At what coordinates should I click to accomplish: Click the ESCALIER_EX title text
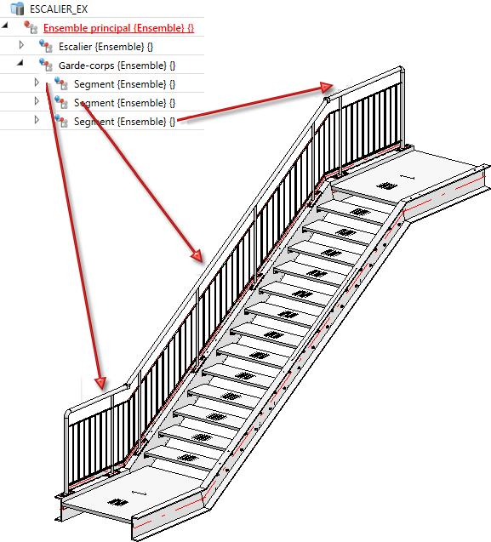pyautogui.click(x=59, y=9)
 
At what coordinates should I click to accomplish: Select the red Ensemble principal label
pyautogui.click(x=118, y=28)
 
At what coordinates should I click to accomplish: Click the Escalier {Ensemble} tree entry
pyautogui.click(x=106, y=47)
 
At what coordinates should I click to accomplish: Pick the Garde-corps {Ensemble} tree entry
pyautogui.click(x=117, y=66)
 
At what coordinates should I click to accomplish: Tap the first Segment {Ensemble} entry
pyautogui.click(x=124, y=84)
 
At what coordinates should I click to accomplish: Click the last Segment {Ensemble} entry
pyautogui.click(x=124, y=122)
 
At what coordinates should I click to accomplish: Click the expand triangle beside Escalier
pyautogui.click(x=21, y=45)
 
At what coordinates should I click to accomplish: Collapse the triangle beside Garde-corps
pyautogui.click(x=20, y=63)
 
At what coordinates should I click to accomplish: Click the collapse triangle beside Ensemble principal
pyautogui.click(x=5, y=25)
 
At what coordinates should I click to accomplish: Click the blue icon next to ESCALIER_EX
pyautogui.click(x=17, y=9)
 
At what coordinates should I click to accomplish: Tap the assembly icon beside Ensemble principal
pyautogui.click(x=31, y=27)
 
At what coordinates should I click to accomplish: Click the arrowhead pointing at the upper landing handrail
pyautogui.click(x=327, y=87)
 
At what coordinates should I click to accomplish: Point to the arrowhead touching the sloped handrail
pyautogui.click(x=197, y=256)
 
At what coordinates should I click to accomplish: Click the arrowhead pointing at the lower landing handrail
pyautogui.click(x=100, y=383)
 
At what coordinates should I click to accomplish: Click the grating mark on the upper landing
pyautogui.click(x=386, y=186)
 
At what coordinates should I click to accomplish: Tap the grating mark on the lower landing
pyautogui.click(x=118, y=502)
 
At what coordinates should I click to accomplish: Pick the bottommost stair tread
pyautogui.click(x=178, y=457)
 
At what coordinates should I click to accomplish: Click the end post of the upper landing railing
pyautogui.click(x=402, y=108)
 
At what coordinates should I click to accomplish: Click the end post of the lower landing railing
pyautogui.click(x=66, y=452)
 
